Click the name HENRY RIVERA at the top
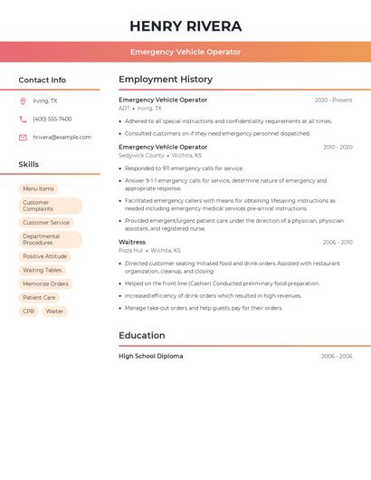point(185,25)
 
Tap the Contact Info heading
point(43,80)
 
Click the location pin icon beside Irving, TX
point(23,101)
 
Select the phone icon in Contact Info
point(23,119)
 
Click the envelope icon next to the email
point(23,138)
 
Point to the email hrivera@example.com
point(62,138)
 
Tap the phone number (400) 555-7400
point(52,119)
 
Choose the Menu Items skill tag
point(38,189)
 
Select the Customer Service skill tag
point(46,222)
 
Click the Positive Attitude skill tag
point(45,256)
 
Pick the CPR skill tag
point(29,311)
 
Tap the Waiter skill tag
point(55,311)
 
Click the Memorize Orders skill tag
point(46,283)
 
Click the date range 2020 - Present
point(333,100)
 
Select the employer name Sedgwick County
point(141,155)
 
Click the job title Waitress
point(132,242)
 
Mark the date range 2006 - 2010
point(338,242)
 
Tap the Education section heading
point(141,335)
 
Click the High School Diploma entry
point(150,356)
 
